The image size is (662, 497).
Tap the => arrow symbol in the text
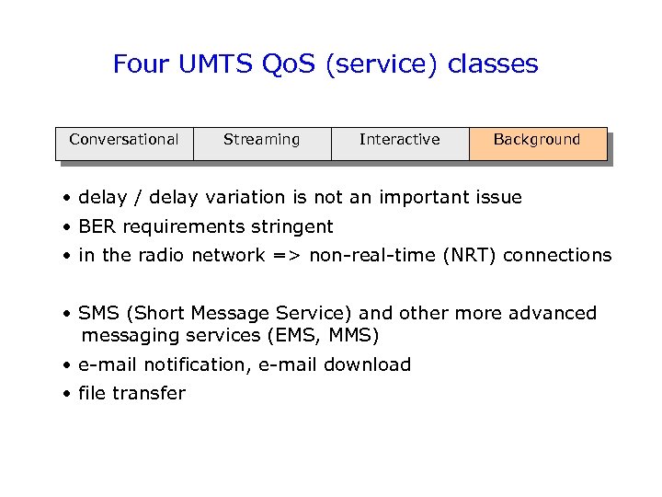[288, 256]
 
